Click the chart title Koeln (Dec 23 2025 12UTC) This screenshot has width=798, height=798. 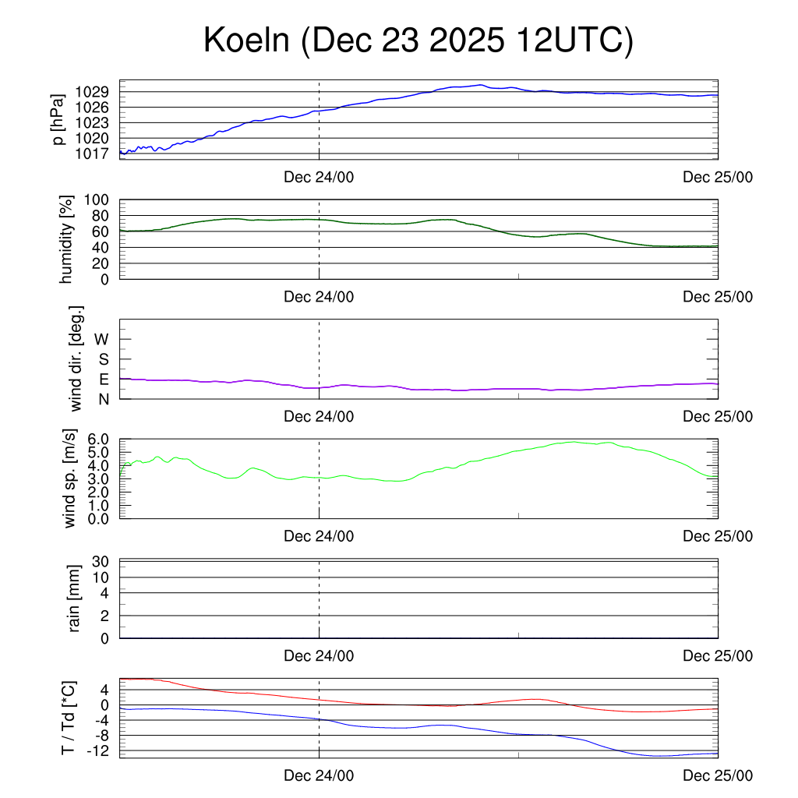pyautogui.click(x=418, y=41)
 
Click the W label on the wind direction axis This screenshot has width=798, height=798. pyautogui.click(x=103, y=339)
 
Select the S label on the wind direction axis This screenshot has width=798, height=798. pyautogui.click(x=104, y=359)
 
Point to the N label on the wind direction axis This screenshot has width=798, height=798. pyautogui.click(x=104, y=399)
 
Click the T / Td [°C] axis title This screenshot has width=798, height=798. pyautogui.click(x=69, y=719)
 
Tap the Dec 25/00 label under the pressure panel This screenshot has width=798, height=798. pyautogui.click(x=718, y=177)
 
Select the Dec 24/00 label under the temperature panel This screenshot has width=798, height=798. pyautogui.click(x=319, y=776)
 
